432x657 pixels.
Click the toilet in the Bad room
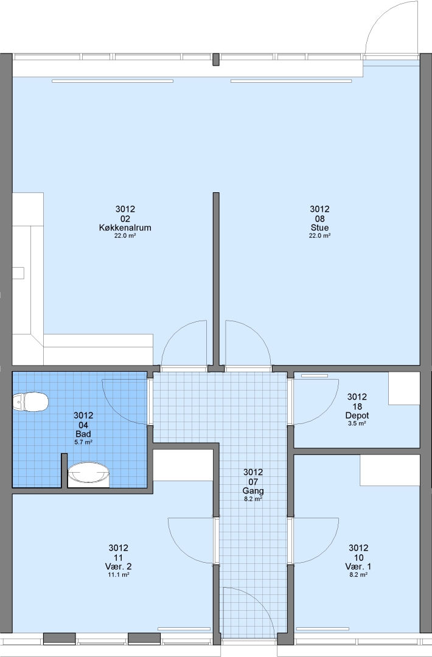point(30,402)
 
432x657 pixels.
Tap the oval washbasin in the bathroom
point(88,472)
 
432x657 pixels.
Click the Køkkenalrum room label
point(125,228)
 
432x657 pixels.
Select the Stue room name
point(319,228)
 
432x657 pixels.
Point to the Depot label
point(357,415)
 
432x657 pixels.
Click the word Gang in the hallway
point(253,491)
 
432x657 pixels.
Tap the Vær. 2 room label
point(118,566)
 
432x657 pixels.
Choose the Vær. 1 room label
point(358,566)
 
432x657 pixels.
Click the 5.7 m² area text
point(83,442)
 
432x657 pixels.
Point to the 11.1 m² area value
point(118,575)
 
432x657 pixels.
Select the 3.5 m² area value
point(357,423)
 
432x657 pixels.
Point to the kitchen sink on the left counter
point(18,273)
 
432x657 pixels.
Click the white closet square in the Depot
point(404,388)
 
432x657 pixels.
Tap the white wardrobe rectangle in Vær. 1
point(389,470)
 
